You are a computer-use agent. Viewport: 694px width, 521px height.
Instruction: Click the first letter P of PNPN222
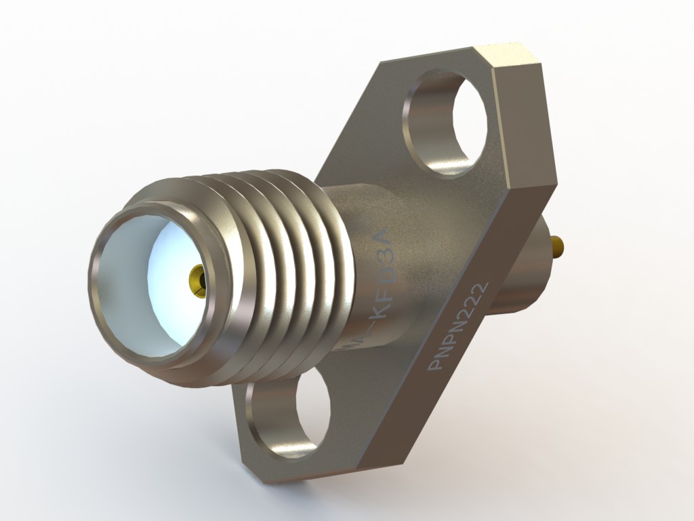pyautogui.click(x=434, y=366)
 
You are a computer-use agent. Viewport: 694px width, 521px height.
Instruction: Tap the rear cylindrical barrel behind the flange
pyautogui.click(x=522, y=271)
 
